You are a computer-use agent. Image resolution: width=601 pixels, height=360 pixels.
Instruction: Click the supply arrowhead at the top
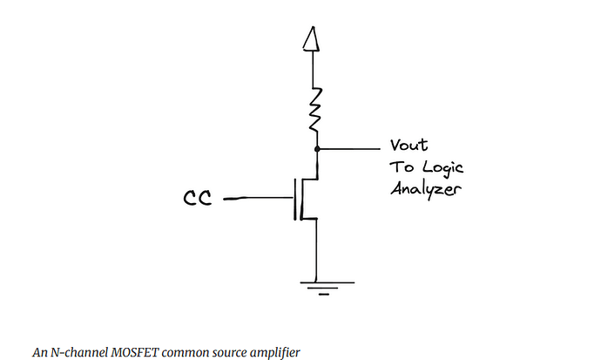pos(311,38)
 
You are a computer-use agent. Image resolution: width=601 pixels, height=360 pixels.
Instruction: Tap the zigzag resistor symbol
pos(315,109)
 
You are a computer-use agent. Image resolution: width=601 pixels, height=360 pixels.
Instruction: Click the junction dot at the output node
pos(317,149)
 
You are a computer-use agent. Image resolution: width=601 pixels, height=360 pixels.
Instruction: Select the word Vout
pos(409,145)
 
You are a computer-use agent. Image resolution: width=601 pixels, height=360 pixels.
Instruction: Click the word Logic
pos(443,167)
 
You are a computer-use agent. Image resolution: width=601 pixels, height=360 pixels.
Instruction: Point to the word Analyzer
pos(426,188)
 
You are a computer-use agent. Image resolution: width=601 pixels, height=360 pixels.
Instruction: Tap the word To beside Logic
pos(402,167)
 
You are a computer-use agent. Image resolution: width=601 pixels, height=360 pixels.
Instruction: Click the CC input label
pos(198,198)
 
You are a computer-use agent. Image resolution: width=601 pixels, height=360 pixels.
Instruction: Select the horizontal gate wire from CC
pos(259,198)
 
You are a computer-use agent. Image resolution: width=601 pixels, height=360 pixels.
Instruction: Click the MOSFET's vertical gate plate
pos(294,200)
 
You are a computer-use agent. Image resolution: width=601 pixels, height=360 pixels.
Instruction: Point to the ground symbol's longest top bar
pos(328,282)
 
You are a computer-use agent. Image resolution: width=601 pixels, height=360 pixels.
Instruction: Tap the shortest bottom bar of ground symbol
pos(323,295)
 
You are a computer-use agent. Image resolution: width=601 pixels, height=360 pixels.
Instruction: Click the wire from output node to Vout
pos(349,149)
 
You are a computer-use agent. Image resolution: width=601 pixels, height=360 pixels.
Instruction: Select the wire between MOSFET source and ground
pos(316,250)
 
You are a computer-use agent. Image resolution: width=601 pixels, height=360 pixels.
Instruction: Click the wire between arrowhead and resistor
pos(313,70)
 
